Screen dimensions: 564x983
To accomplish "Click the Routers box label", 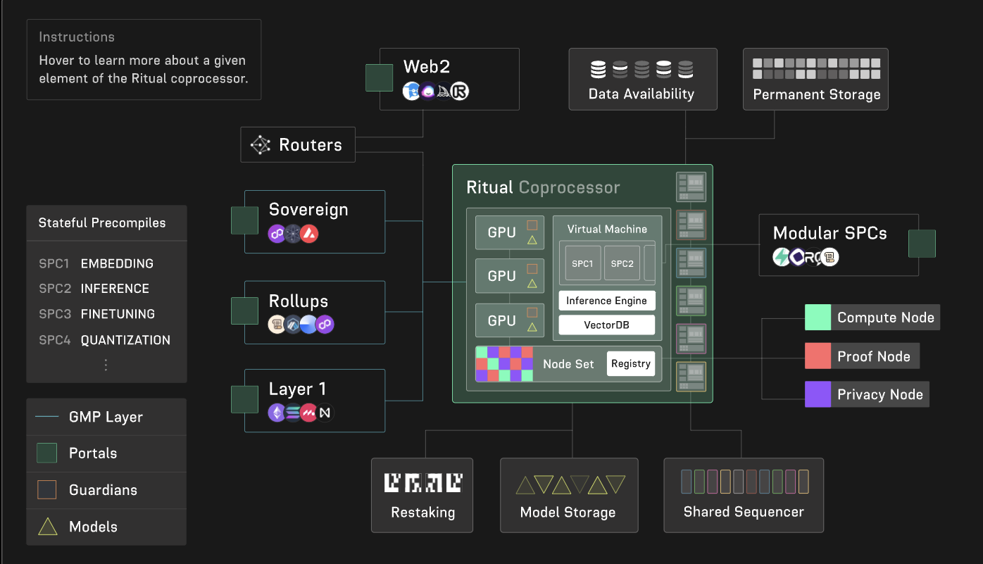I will (310, 145).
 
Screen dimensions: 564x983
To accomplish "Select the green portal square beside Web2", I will (379, 78).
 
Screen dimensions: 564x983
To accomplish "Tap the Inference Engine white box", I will (606, 301).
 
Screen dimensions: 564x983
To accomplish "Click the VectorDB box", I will (606, 325).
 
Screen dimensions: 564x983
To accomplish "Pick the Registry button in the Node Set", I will (630, 364).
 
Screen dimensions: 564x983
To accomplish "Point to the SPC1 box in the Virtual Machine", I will (582, 264).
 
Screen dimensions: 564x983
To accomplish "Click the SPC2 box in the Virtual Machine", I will (622, 264).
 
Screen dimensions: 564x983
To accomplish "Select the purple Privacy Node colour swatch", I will (818, 394).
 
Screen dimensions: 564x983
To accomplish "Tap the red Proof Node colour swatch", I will (818, 356).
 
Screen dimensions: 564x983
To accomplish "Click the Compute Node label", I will (885, 318).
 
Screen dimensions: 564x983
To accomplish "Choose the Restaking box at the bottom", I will (422, 495).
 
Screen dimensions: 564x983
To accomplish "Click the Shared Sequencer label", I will (743, 512).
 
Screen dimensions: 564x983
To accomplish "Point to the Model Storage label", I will (568, 513).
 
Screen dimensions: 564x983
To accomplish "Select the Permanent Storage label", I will (816, 94).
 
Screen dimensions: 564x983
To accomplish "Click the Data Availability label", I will (641, 94).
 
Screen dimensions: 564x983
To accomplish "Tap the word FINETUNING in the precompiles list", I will (118, 314).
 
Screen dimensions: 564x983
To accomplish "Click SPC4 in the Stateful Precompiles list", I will (55, 340).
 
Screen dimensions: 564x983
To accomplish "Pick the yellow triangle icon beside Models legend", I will (47, 527).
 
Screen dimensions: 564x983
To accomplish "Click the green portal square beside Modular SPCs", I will (922, 244).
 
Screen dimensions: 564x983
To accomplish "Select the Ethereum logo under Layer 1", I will (276, 413).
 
